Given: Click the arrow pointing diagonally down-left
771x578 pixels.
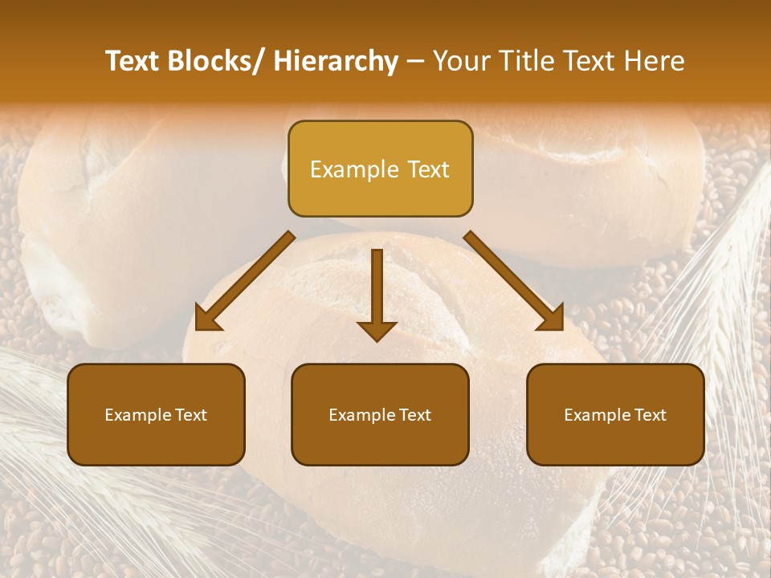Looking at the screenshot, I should click(246, 281).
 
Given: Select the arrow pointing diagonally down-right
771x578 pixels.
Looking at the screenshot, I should click(514, 281).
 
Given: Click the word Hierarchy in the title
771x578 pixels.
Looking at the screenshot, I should click(336, 61).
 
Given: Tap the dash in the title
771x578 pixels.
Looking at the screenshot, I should click(415, 61).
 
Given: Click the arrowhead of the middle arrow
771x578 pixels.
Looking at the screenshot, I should click(377, 329).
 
